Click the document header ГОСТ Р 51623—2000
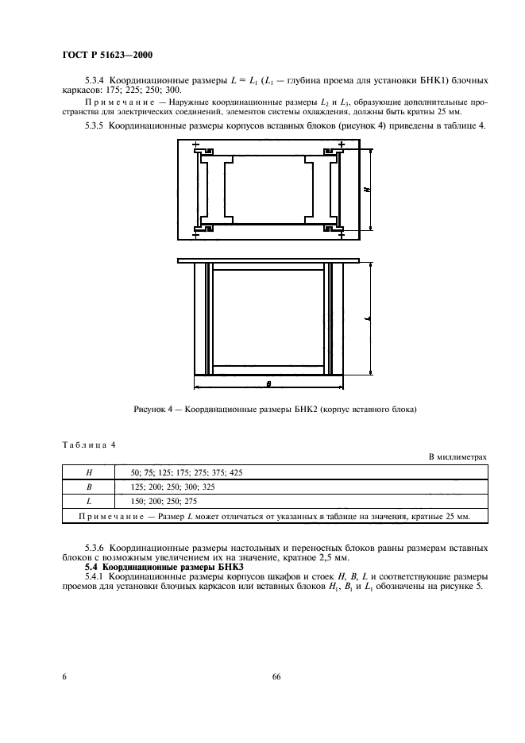tap(107, 55)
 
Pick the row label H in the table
tap(89, 472)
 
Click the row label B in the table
tap(89, 487)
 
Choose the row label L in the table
tap(89, 502)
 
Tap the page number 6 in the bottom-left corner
tap(64, 677)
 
